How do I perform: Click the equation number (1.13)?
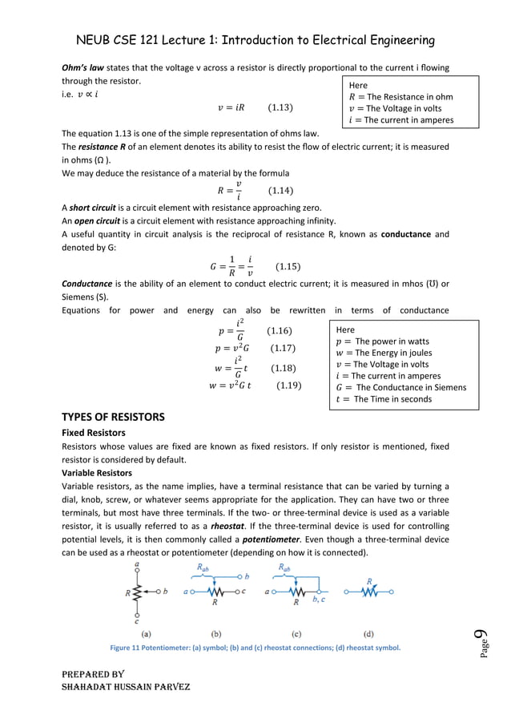tap(280, 107)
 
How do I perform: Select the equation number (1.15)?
tap(288, 267)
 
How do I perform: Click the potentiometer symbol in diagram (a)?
tap(137, 593)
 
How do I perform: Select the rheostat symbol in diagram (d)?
tap(368, 593)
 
